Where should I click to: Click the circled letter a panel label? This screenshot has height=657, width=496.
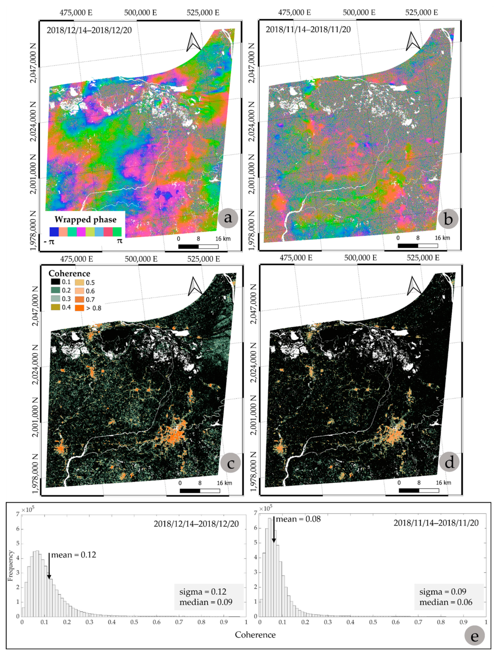click(228, 218)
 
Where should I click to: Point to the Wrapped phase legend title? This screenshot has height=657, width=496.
click(85, 219)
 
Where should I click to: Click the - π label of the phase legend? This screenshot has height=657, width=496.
click(49, 241)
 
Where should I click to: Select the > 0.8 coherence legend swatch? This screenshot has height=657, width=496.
click(80, 308)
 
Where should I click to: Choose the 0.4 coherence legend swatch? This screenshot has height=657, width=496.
click(55, 307)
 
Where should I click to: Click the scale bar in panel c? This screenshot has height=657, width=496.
click(199, 490)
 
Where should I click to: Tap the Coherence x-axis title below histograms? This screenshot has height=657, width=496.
click(255, 635)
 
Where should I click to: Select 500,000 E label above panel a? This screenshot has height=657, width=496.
click(140, 13)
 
